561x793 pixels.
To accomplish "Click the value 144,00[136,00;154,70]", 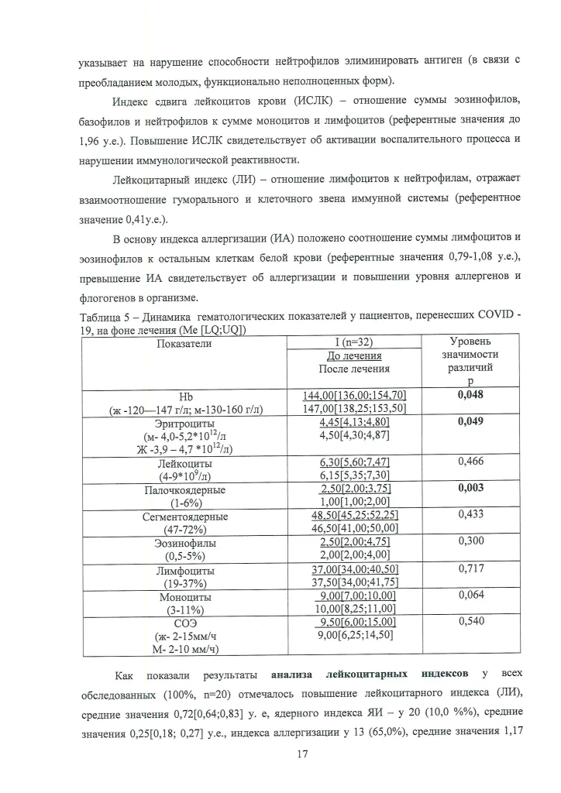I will click(354, 395).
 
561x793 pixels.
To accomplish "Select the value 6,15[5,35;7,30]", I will click(354, 475).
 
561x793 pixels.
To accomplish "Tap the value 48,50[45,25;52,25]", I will click(354, 514).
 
